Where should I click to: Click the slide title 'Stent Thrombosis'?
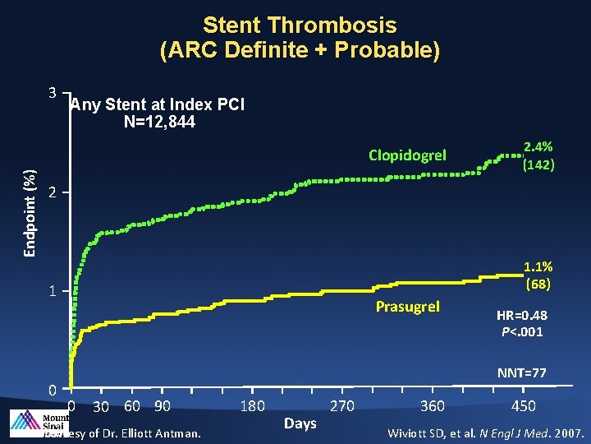(300, 25)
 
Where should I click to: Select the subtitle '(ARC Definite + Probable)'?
(300, 50)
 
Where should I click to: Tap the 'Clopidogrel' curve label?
(408, 155)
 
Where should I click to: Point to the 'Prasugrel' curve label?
(408, 307)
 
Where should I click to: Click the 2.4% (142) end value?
(538, 155)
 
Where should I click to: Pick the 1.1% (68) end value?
(538, 275)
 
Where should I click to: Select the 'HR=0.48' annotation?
(523, 317)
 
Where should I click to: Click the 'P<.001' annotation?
(523, 332)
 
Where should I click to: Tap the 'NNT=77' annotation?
(522, 373)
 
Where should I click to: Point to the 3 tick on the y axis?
(51, 93)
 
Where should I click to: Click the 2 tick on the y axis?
(51, 193)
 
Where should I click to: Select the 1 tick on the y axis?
(51, 291)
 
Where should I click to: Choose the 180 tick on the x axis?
(253, 405)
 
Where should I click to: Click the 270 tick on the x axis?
(342, 405)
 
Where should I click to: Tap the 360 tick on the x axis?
(433, 405)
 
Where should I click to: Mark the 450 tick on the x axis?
(524, 405)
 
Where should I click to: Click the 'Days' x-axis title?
(300, 423)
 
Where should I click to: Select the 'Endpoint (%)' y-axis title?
(29, 212)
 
